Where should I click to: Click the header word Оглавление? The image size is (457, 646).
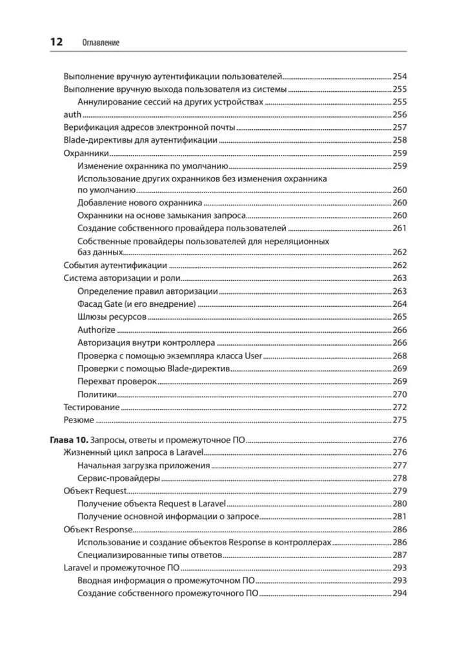pos(102,43)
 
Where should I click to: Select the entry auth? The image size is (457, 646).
pos(72,114)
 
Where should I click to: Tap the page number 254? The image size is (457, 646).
pos(400,76)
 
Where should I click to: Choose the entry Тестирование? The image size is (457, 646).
pos(91,407)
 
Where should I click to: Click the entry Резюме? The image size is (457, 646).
pos(79,420)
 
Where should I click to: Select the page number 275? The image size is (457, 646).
pos(400,420)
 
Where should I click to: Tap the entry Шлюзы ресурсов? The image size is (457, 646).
pos(112,317)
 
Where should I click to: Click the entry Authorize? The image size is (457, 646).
pos(96,330)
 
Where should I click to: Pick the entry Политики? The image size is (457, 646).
pos(97,394)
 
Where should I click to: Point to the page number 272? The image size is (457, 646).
pos(400,407)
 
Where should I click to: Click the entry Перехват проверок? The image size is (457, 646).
pos(117,381)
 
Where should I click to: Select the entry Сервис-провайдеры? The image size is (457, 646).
pos(118,479)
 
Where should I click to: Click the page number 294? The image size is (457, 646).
pos(400,594)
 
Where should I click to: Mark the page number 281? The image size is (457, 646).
pos(400,517)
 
